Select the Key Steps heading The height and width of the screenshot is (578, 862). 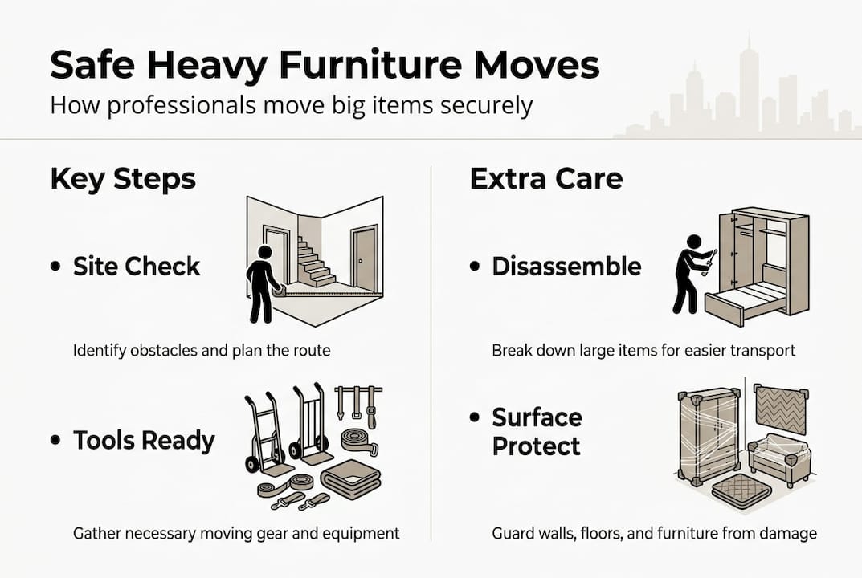(123, 178)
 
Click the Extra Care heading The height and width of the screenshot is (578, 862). (546, 178)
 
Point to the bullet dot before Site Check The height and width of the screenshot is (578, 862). (55, 267)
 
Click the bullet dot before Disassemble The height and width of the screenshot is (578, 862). (475, 267)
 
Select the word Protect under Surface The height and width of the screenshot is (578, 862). (537, 446)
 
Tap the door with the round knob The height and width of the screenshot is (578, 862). (364, 258)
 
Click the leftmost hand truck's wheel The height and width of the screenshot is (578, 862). (251, 464)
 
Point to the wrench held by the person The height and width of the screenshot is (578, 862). (710, 256)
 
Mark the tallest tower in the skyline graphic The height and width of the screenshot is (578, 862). (748, 76)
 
